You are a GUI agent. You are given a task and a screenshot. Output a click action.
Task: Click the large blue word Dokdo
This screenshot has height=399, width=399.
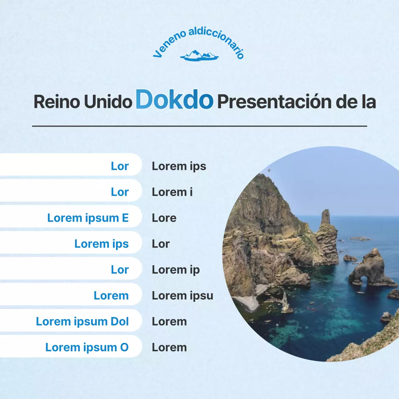[175, 100]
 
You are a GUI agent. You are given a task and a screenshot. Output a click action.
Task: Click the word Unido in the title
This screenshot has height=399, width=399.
[108, 102]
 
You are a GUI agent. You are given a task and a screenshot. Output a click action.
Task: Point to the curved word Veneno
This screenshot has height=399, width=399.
[168, 45]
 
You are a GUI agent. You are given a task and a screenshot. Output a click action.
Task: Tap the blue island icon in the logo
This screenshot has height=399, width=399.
[199, 56]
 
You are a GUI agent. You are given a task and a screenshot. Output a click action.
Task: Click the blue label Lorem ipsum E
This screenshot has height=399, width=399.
[88, 218]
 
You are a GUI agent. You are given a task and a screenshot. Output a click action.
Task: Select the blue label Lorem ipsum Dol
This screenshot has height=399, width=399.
[82, 321]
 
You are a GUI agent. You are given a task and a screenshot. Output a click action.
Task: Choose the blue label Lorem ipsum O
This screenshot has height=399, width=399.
[87, 347]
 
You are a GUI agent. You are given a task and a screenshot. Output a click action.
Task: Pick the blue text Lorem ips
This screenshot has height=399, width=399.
[102, 244]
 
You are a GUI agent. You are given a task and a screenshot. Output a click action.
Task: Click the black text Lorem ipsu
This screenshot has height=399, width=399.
[182, 296]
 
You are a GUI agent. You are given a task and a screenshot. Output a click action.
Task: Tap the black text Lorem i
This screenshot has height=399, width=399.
[172, 192]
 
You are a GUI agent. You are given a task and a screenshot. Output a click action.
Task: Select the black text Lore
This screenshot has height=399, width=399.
[164, 218]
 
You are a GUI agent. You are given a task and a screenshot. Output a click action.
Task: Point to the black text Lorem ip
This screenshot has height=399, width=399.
[175, 270]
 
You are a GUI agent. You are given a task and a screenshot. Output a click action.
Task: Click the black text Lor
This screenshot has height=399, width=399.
[161, 244]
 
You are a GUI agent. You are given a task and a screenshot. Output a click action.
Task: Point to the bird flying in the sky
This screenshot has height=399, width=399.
[269, 170]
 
